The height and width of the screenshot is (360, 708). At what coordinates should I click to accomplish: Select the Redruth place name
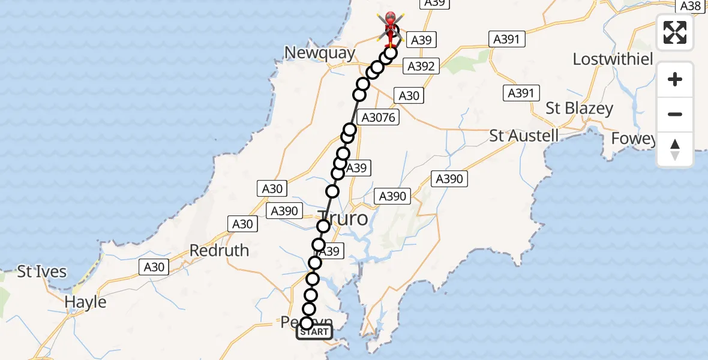pos(219,250)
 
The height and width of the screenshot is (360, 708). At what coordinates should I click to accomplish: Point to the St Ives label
pos(41,272)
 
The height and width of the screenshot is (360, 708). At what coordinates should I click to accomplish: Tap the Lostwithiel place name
pos(611,59)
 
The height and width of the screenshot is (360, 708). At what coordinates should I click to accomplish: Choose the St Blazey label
pos(579,109)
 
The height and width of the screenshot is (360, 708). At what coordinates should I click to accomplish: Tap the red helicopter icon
pos(391,25)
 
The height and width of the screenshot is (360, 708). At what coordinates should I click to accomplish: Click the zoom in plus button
pos(675,79)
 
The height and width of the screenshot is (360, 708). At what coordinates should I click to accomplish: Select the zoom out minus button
pos(675,114)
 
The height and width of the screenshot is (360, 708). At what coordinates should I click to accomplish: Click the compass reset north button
pos(675,149)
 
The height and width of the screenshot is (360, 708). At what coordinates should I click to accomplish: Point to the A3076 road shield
pos(376,118)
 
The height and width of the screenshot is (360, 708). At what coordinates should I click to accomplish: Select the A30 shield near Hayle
pos(154,267)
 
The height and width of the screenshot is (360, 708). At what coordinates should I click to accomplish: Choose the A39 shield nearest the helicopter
pos(419,40)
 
